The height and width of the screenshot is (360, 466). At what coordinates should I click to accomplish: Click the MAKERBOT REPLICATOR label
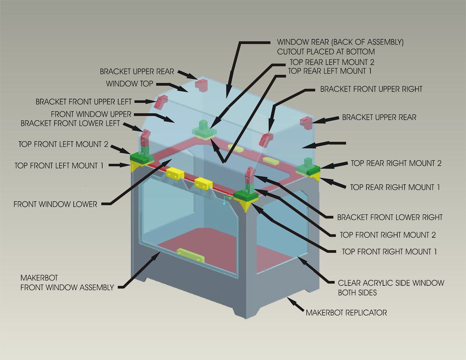click(x=346, y=313)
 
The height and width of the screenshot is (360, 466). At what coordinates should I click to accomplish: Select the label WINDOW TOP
click(x=129, y=84)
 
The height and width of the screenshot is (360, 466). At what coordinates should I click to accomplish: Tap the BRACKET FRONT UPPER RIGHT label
click(x=371, y=89)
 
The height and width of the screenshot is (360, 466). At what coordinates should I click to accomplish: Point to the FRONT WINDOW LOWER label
click(x=55, y=204)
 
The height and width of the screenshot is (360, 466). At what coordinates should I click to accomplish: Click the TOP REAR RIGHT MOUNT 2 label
click(x=396, y=163)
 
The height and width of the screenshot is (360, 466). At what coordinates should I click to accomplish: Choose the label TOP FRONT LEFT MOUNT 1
click(x=59, y=166)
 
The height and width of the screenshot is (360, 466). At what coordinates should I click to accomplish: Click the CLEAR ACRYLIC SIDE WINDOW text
click(x=391, y=283)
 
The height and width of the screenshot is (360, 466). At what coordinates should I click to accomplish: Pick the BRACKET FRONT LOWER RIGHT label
click(x=390, y=217)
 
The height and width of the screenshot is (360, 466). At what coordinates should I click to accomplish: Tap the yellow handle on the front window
click(x=191, y=255)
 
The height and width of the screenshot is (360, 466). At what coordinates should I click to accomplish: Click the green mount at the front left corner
click(x=141, y=158)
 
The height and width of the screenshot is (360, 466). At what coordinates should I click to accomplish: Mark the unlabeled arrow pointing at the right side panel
click(x=323, y=144)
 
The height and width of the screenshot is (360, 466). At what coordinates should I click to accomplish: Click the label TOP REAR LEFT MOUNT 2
click(x=332, y=62)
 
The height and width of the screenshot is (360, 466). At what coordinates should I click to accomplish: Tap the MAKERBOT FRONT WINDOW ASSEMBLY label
click(x=67, y=283)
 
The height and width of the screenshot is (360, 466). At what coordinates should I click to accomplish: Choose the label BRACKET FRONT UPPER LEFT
click(x=84, y=102)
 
